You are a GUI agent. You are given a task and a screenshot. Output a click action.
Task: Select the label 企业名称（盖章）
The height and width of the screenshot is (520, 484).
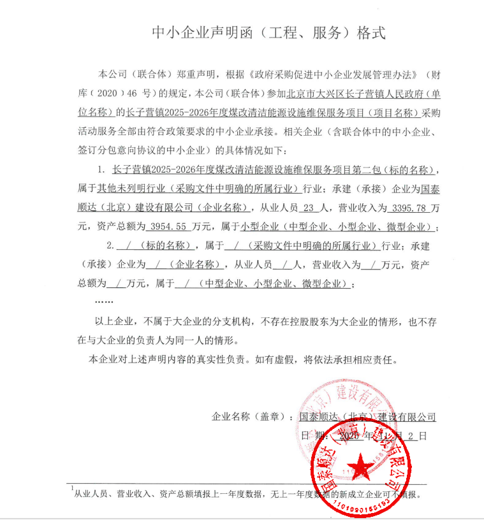253,417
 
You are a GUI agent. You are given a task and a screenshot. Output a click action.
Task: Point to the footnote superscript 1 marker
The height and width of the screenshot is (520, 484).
72,487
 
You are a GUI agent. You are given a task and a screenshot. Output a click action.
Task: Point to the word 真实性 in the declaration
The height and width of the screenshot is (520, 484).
197,359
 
